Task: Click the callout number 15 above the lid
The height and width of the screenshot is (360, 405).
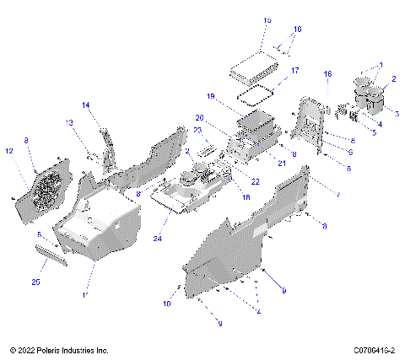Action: [x=267, y=19]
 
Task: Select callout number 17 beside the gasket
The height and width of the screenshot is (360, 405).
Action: [x=294, y=71]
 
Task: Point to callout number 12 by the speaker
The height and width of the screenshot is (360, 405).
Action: [x=10, y=151]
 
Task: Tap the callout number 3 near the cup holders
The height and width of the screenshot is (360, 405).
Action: [x=397, y=113]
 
